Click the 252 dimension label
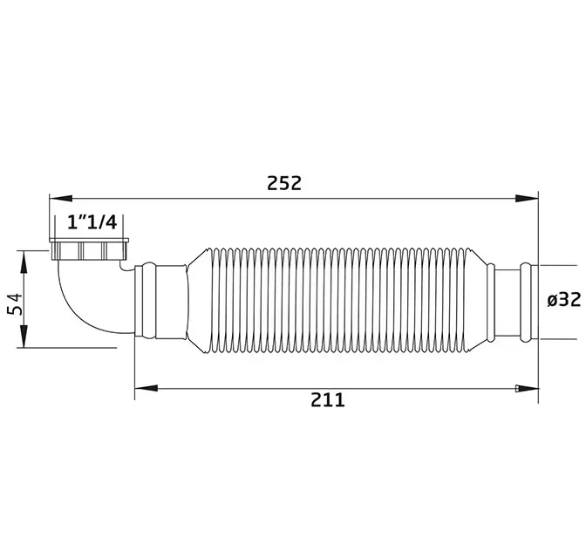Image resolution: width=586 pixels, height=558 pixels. tap(284, 183)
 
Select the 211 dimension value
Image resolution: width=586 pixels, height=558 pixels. tap(328, 400)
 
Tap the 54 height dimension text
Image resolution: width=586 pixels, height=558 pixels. tap(15, 304)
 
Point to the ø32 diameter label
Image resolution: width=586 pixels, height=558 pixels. tap(564, 299)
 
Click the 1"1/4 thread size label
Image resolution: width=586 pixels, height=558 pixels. tap(92, 222)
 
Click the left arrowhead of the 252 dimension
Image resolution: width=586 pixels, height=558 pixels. tap(61, 199)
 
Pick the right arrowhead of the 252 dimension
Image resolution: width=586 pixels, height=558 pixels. tap(527, 199)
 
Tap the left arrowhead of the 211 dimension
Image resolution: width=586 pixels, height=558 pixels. tap(146, 389)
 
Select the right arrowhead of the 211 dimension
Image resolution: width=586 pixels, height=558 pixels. tap(527, 389)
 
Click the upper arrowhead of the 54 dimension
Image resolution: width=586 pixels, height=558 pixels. tap(24, 262)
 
